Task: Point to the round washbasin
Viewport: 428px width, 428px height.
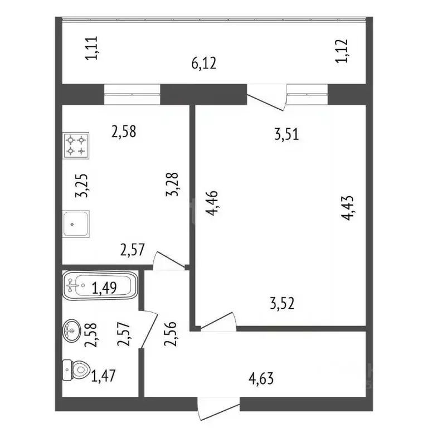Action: (72, 331)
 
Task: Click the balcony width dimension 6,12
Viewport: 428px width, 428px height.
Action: (203, 64)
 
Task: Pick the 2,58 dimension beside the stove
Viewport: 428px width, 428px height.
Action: (124, 132)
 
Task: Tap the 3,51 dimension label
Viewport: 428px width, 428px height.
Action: (288, 134)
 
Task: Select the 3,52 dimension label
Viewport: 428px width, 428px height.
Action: (281, 303)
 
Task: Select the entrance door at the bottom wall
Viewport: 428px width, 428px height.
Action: (218, 408)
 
